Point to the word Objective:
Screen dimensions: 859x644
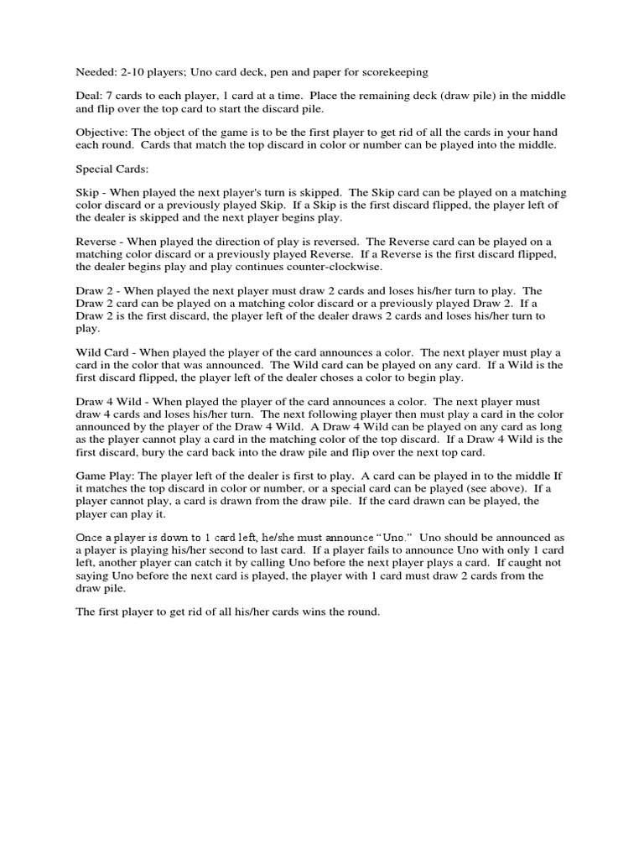[x=104, y=133]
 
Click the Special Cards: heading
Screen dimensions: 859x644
[x=112, y=169]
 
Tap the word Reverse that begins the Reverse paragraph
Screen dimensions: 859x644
[x=97, y=242]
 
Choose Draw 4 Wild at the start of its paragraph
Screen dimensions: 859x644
[x=109, y=401]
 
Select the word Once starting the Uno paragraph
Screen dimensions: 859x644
[x=91, y=536]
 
